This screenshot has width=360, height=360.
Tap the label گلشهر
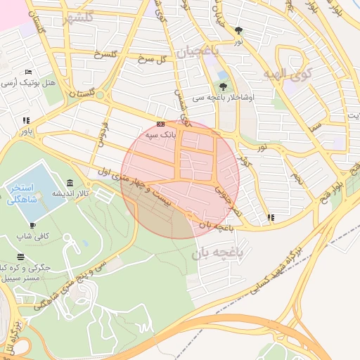coord(77,18)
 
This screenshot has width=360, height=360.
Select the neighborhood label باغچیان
coord(198,51)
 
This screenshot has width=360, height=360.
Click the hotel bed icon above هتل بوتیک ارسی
coord(28,72)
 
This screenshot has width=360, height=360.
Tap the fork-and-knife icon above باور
coord(26,120)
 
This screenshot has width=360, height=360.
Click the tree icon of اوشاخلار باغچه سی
coord(223,86)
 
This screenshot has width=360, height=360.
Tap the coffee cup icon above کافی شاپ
coord(33,225)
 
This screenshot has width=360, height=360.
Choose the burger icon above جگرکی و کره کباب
coord(21,257)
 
